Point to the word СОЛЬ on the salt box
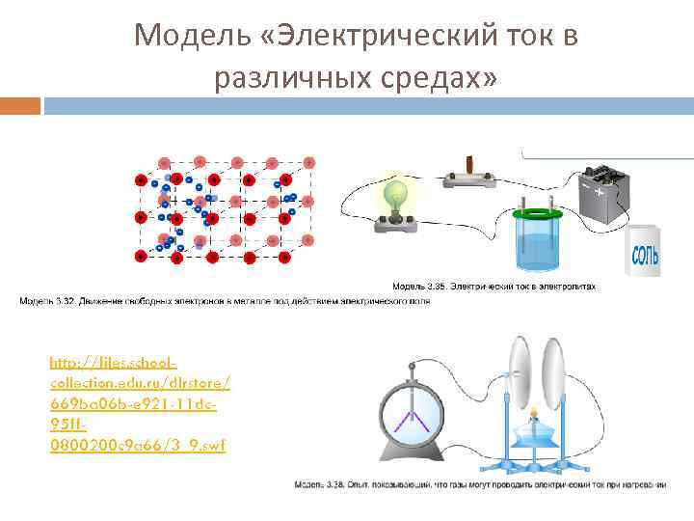pyautogui.click(x=645, y=256)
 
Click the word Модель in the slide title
pyautogui.click(x=183, y=36)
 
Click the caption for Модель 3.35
pyautogui.click(x=494, y=287)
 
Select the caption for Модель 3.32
pyautogui.click(x=225, y=301)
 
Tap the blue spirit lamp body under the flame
pyautogui.click(x=533, y=440)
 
